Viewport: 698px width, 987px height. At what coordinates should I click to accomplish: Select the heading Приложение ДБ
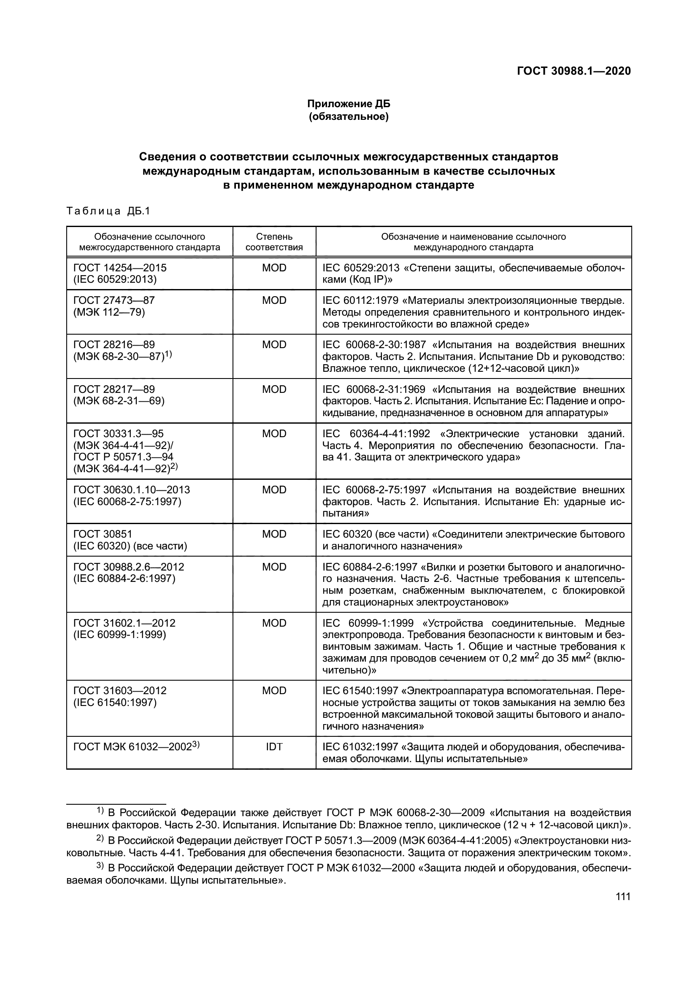[x=349, y=104]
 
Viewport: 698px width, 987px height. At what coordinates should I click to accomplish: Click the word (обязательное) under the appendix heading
[x=349, y=116]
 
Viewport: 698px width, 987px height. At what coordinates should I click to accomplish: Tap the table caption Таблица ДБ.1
[x=108, y=211]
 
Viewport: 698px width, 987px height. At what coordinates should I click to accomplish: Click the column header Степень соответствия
[x=274, y=242]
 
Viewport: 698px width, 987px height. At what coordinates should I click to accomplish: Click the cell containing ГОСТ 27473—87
[x=114, y=300]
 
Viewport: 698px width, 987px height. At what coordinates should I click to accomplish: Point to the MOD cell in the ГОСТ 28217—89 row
[x=274, y=389]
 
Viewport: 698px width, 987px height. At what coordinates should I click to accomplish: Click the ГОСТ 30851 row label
[x=103, y=534]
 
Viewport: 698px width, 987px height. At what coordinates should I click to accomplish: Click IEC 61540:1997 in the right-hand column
[x=360, y=691]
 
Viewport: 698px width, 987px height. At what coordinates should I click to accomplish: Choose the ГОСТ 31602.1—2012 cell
[x=124, y=623]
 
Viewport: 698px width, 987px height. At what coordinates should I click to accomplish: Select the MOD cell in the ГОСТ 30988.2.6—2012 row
[x=274, y=567]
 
